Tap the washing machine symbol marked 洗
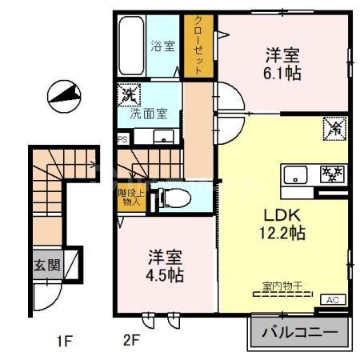128,95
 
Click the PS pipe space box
122,138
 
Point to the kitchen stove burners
330,174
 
